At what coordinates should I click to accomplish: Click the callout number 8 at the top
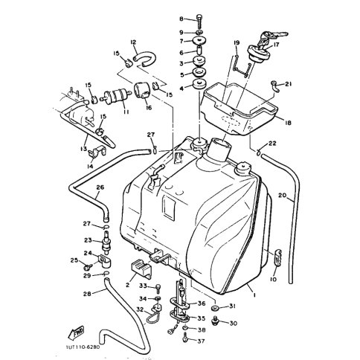pos(181,18)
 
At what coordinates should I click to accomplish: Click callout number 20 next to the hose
pos(282,196)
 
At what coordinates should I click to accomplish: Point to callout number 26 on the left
pos(100,187)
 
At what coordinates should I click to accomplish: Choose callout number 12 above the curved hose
pos(133,42)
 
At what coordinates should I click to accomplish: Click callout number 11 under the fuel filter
pos(126,111)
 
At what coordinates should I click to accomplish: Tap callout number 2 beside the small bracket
pos(128,284)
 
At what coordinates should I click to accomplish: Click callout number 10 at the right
pos(273,279)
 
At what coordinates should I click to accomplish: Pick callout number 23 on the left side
pos(86,240)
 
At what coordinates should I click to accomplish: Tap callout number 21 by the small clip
pos(289,84)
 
